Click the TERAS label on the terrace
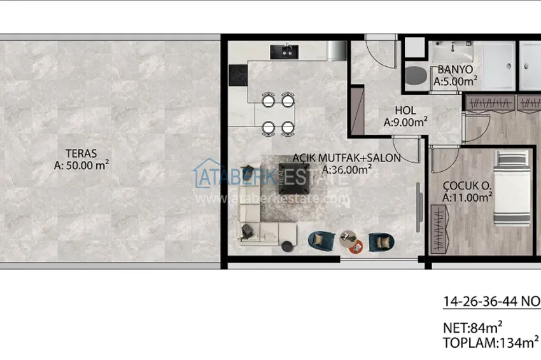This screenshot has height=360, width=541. (x=81, y=153)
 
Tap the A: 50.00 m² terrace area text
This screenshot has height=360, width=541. (x=81, y=165)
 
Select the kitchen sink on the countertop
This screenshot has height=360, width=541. (x=285, y=52)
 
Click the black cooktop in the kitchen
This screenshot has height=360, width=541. (x=238, y=75)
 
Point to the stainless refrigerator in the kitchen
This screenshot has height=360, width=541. (x=337, y=50)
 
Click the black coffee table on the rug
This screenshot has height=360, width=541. (x=293, y=179)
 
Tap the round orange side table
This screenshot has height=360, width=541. (x=356, y=247)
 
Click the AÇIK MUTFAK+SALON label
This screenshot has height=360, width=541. (x=346, y=158)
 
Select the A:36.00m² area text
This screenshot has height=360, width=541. (x=347, y=170)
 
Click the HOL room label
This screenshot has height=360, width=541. (x=405, y=110)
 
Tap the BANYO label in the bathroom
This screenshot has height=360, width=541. (x=455, y=70)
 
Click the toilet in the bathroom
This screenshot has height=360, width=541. (x=416, y=75)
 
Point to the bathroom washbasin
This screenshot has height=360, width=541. (x=453, y=51)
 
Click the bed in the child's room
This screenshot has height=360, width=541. (x=512, y=188)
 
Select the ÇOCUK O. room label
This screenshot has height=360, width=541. (x=467, y=186)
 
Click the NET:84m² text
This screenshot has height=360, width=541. (x=472, y=328)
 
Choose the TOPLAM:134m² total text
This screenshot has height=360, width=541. (x=491, y=343)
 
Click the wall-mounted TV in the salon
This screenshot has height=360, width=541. (x=419, y=207)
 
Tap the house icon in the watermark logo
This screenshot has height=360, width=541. (x=207, y=173)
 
